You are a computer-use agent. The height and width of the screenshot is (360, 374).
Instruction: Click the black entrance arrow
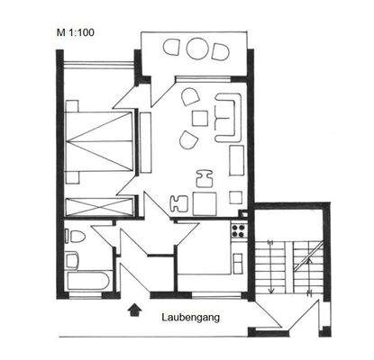[x=135, y=310]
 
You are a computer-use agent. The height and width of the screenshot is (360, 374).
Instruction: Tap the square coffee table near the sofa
[x=199, y=118]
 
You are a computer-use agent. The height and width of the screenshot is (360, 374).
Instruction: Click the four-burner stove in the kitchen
[x=239, y=230]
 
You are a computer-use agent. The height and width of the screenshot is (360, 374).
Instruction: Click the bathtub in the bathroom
[x=87, y=281]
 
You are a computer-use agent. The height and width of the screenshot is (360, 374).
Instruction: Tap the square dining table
[x=205, y=202]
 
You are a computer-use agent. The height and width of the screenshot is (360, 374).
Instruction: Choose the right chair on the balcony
[x=219, y=50]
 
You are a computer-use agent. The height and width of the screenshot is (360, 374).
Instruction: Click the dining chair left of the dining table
[x=178, y=203]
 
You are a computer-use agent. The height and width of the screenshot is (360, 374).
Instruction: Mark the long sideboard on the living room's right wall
[x=236, y=160]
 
